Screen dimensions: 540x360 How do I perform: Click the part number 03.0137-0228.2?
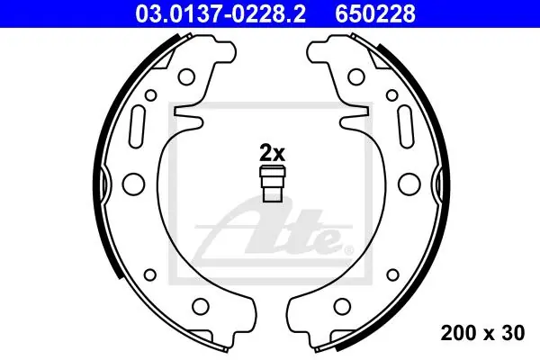point(220,13)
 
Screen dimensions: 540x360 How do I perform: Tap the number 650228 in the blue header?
point(375,13)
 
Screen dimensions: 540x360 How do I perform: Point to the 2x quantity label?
point(272,153)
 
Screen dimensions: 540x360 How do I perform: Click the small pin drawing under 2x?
point(272,184)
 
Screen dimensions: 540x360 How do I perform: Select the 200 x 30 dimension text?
point(482,333)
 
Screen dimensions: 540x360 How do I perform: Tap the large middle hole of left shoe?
point(133,184)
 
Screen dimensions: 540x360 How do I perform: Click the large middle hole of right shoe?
point(409,184)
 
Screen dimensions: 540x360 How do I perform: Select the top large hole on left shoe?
point(186,76)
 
